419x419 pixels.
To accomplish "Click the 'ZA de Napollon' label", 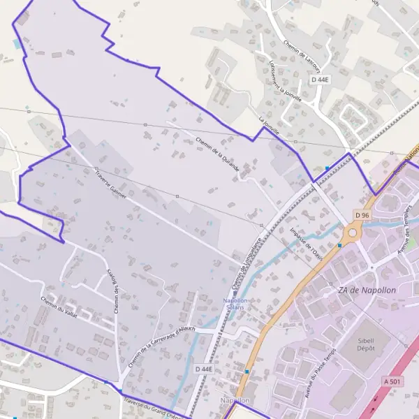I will click(x=366, y=291).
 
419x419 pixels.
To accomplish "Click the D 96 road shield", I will click(x=361, y=215).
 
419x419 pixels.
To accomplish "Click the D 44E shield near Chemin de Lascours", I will click(x=319, y=80).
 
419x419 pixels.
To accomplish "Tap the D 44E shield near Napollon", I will click(x=204, y=369).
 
